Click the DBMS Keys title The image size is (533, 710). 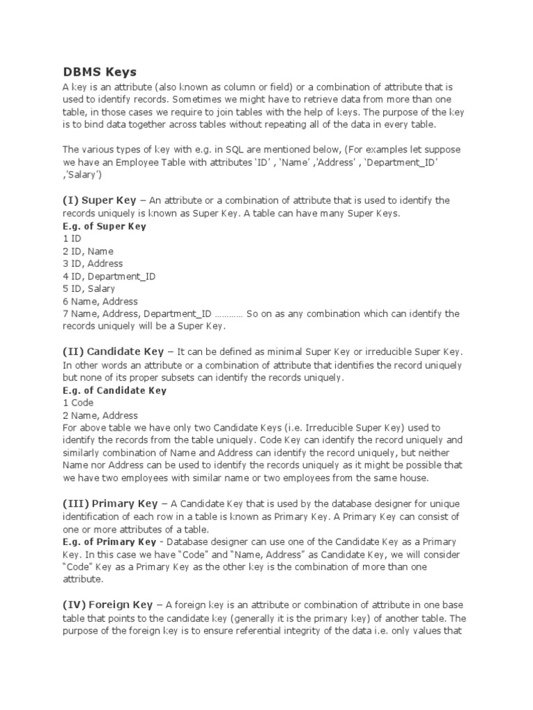(99, 72)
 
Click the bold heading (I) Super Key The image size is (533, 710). (99, 200)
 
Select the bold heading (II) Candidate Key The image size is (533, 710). (113, 352)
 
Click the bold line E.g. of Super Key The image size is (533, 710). (104, 226)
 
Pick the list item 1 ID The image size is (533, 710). (71, 239)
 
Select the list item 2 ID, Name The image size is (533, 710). (87, 251)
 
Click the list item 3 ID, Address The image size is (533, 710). (92, 263)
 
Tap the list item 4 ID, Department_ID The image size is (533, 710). (109, 276)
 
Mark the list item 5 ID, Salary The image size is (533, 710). (89, 288)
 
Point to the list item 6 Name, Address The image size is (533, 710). (100, 302)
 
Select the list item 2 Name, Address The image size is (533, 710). (100, 415)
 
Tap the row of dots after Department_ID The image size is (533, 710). (228, 314)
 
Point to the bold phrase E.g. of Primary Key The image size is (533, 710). (109, 542)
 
